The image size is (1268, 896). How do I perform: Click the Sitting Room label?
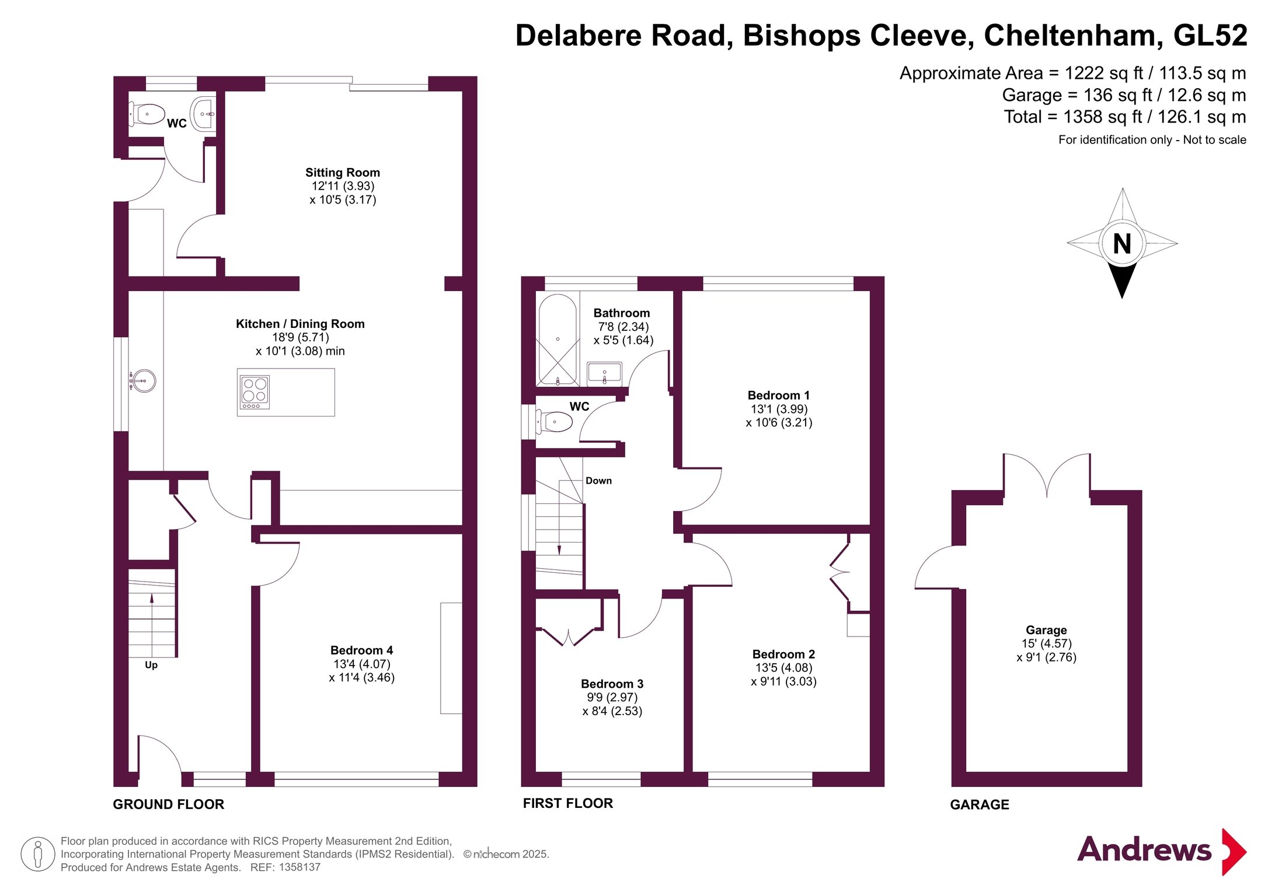pos(343,173)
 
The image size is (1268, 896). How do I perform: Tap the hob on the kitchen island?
pos(255,392)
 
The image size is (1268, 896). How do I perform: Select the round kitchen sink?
pos(143,381)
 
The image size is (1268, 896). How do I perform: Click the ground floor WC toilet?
pos(147,114)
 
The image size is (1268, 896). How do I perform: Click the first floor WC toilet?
pos(554,421)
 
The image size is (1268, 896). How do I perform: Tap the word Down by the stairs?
pos(599,481)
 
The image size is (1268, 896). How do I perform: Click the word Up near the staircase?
pos(151,665)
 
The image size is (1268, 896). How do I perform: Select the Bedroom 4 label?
pos(361,650)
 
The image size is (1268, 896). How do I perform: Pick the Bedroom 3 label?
pos(612,684)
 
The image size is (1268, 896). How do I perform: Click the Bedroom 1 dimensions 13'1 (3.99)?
pos(779,409)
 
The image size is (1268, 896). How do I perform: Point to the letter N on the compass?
pos(1122,244)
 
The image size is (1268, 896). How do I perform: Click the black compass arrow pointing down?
pos(1122,281)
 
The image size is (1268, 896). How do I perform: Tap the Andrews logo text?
pos(1144,849)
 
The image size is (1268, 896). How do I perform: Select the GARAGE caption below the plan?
pos(980,805)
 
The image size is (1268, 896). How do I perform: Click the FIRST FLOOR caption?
pos(568,803)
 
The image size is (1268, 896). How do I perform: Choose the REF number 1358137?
pos(299,867)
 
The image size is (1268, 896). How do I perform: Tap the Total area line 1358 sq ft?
pos(1125,117)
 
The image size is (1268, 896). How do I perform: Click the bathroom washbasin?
pos(604,373)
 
